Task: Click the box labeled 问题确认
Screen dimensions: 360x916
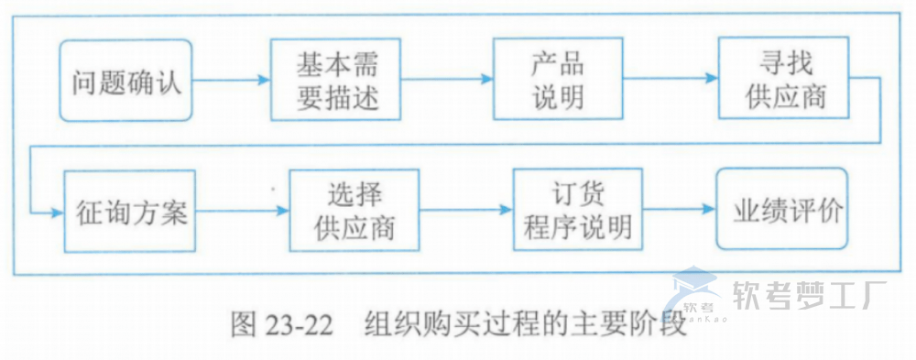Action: [x=126, y=81]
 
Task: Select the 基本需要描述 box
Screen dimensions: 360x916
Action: [x=337, y=80]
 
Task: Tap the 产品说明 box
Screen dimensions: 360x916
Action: [x=558, y=80]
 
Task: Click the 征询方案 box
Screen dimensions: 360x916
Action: [x=131, y=213]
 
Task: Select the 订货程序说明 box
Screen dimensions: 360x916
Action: [x=578, y=211]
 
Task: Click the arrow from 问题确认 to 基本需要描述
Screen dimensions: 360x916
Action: [x=232, y=81]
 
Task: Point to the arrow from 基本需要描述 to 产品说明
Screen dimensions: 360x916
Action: [x=448, y=81]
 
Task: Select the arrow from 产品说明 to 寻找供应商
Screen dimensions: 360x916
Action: [x=671, y=81]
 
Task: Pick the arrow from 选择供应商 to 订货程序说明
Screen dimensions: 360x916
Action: [x=466, y=212]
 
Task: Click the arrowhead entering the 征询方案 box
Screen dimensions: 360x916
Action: [x=55, y=212]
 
